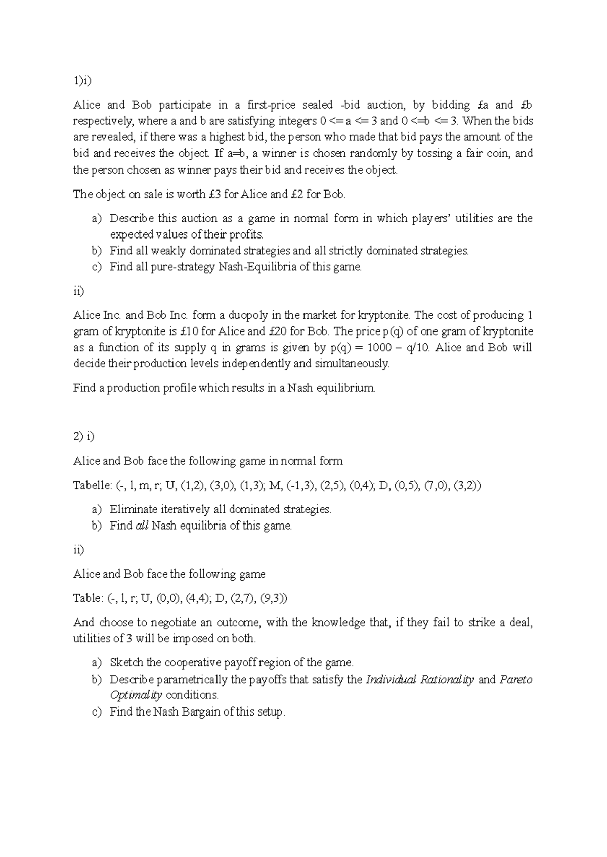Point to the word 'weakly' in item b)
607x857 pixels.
169,251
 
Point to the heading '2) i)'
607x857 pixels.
84,437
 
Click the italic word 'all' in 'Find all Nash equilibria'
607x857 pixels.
142,526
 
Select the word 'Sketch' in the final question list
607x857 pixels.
126,663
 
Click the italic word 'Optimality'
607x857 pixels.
136,695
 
